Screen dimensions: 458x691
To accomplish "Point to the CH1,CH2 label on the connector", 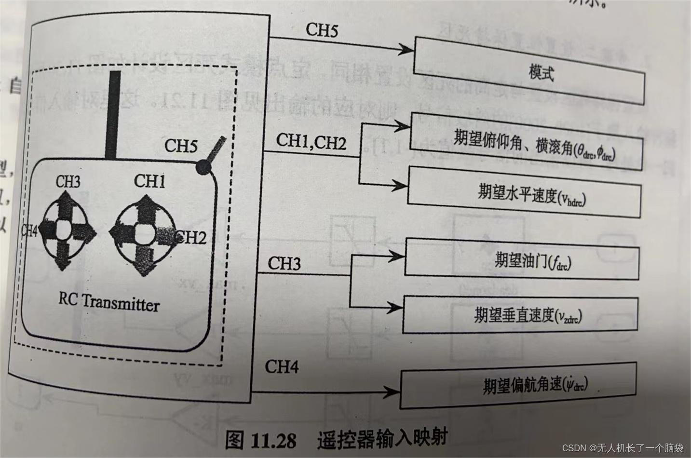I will [311, 141].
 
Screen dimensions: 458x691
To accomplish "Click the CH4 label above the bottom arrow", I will [282, 367].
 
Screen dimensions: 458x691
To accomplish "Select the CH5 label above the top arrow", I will [322, 30].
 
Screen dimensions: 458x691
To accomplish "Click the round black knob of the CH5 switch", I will [203, 166].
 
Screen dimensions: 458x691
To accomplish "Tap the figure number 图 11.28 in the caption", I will [260, 439].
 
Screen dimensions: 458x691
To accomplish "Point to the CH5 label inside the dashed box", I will [181, 146].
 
